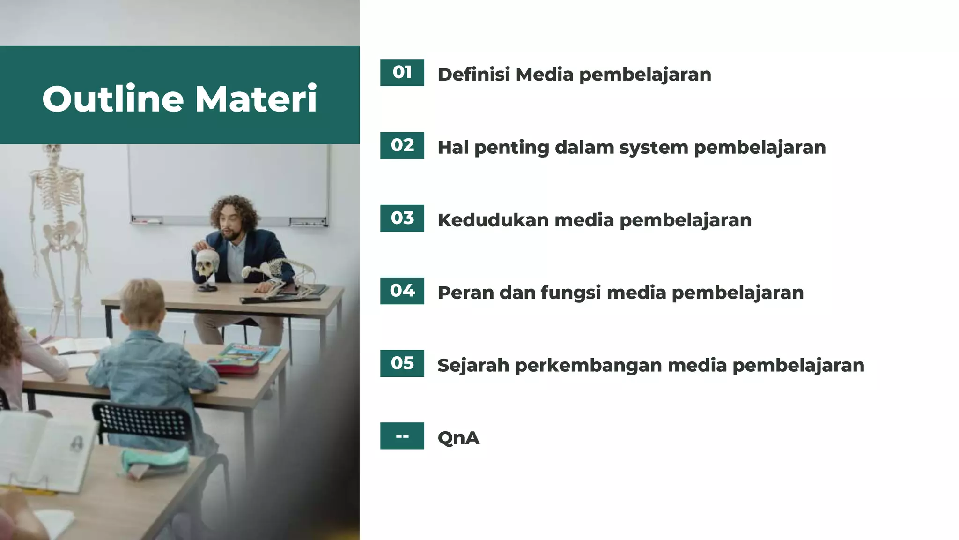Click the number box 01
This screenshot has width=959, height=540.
(402, 73)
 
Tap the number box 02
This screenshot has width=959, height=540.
(402, 145)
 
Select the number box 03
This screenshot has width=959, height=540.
(402, 218)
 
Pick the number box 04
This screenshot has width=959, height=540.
(402, 291)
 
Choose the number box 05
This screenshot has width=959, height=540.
(402, 363)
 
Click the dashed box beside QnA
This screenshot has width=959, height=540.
(402, 436)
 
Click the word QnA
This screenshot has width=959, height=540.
(458, 438)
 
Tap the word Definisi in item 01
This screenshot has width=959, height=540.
(473, 75)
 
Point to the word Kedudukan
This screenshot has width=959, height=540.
(493, 220)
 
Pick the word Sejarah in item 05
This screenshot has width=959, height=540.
(473, 366)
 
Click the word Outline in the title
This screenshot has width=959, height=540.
(113, 99)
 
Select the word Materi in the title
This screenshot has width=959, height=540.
(256, 99)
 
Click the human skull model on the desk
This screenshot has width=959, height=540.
(207, 264)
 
